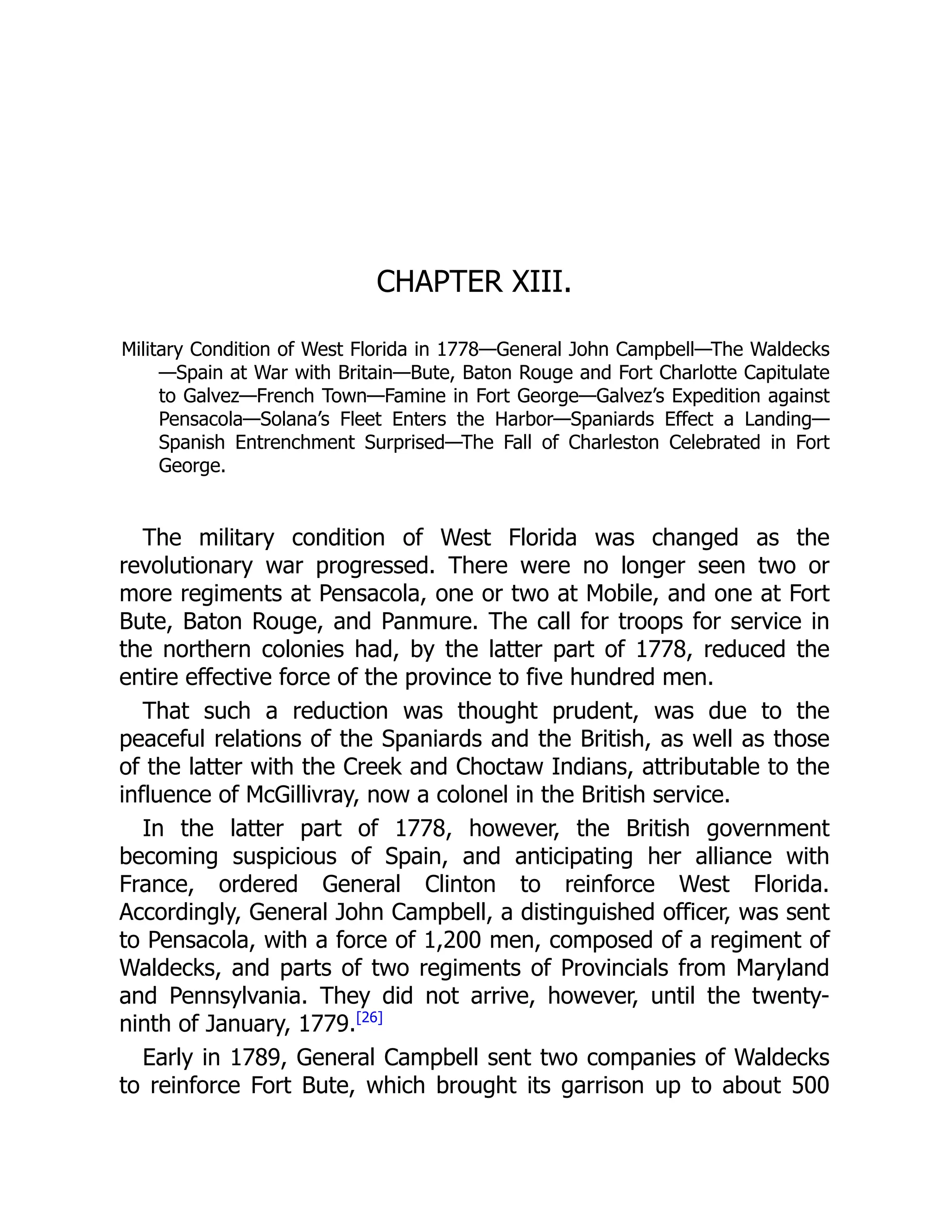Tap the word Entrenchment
(x=295, y=443)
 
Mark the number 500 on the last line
(x=810, y=1085)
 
